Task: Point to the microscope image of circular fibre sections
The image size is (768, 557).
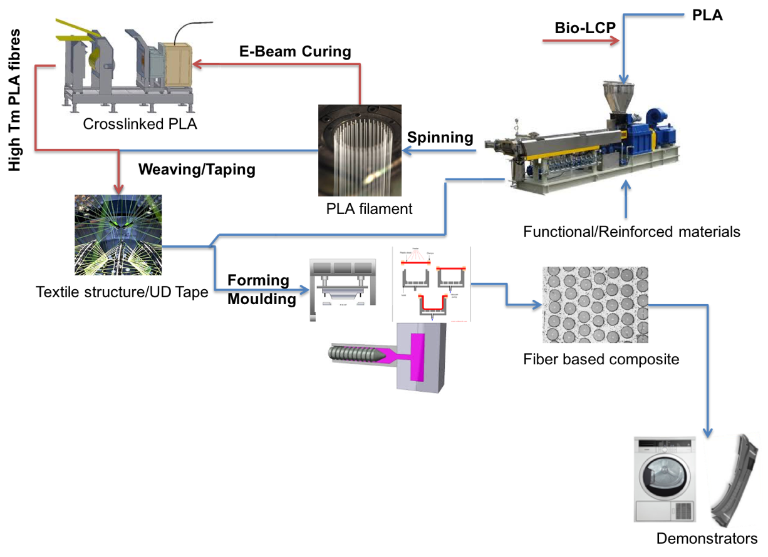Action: click(x=595, y=305)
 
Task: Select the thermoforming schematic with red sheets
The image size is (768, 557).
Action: click(x=431, y=283)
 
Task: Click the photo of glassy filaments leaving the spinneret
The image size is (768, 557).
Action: click(x=360, y=150)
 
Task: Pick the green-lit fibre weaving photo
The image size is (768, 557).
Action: click(x=118, y=235)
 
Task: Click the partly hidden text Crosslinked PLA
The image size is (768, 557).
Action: click(x=140, y=120)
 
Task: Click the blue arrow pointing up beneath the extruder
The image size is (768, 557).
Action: click(x=626, y=199)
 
